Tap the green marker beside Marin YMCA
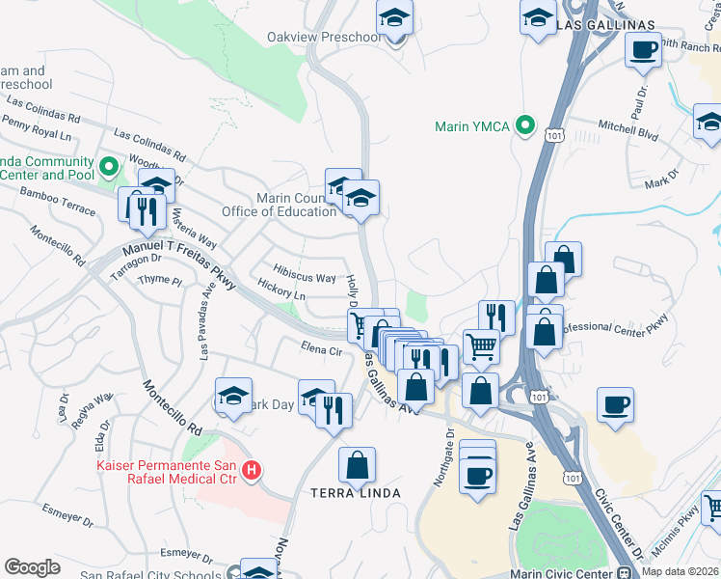click(x=525, y=125)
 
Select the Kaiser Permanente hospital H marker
click(x=252, y=470)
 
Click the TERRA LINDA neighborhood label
click(x=355, y=493)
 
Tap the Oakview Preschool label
click(x=324, y=37)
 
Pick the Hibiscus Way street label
click(x=305, y=277)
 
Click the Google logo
click(x=32, y=567)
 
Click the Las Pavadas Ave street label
click(x=206, y=323)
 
